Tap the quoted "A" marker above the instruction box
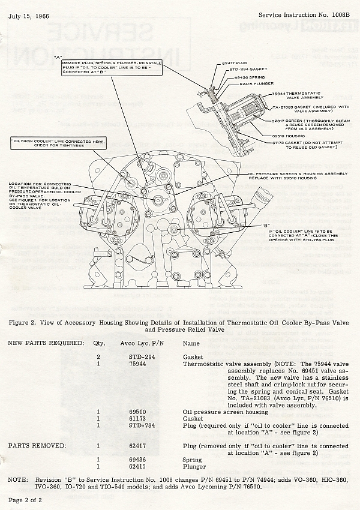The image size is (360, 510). click(58, 57)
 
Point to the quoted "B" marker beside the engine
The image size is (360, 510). click(265, 226)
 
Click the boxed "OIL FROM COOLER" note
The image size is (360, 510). click(59, 143)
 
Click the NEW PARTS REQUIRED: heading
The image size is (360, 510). click(45, 343)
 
